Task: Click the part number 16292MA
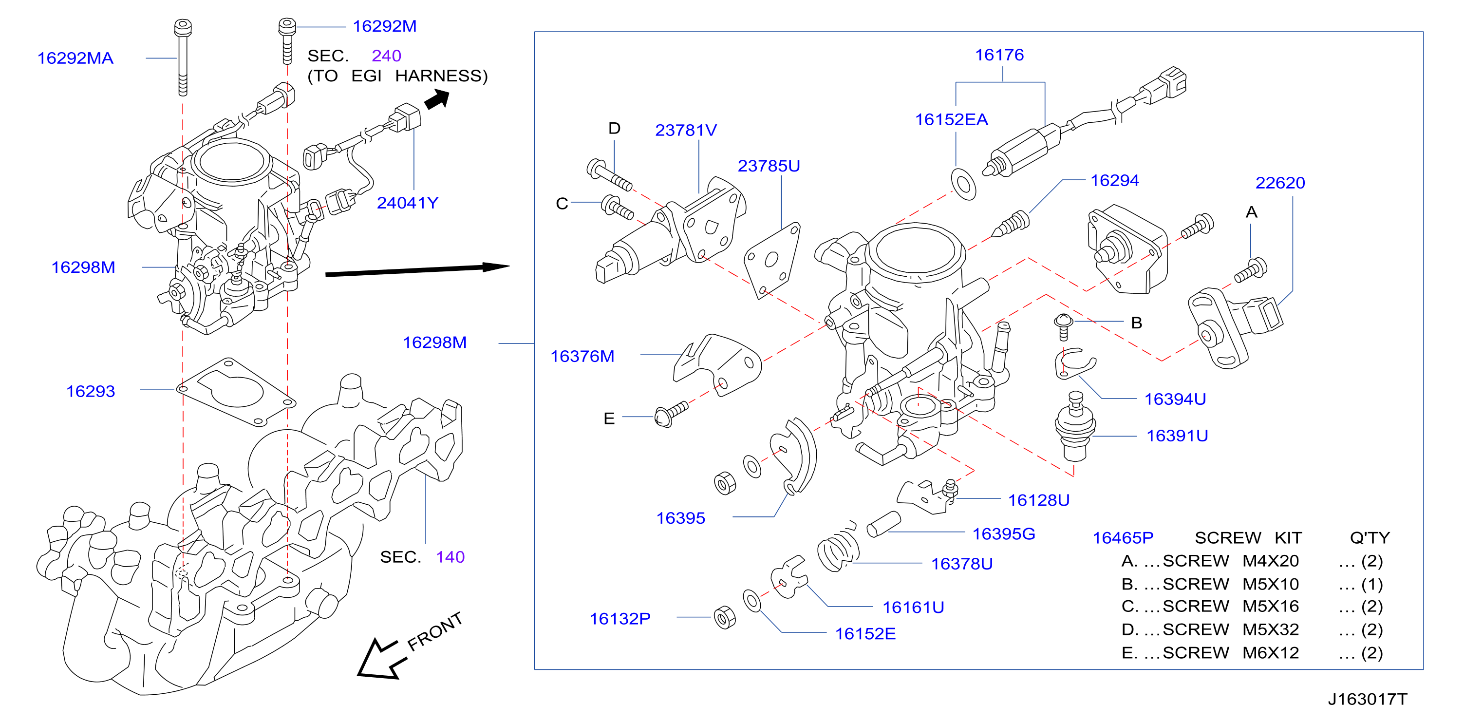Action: click(x=75, y=58)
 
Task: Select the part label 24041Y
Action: click(x=408, y=203)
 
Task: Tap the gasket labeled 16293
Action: click(x=236, y=392)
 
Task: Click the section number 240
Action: click(x=387, y=56)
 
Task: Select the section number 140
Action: click(x=450, y=557)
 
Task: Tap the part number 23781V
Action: click(x=686, y=130)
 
